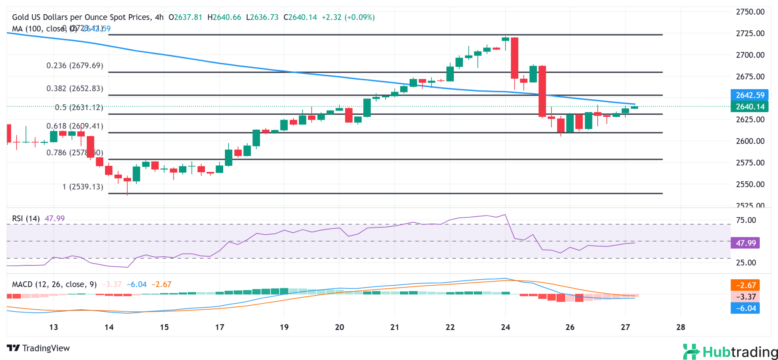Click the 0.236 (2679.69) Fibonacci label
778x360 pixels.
[x=75, y=66]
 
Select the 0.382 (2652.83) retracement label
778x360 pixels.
[x=75, y=88]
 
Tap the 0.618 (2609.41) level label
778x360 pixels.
[x=75, y=126]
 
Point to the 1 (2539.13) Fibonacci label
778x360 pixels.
[x=83, y=187]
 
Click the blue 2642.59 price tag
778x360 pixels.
[x=750, y=95]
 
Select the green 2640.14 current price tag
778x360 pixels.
[x=750, y=107]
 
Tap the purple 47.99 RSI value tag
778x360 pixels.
[x=746, y=243]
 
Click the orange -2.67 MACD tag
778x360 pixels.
[x=746, y=285]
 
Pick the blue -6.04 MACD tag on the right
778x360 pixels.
[x=746, y=309]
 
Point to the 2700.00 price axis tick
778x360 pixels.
[x=750, y=55]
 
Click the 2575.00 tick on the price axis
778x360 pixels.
[x=750, y=163]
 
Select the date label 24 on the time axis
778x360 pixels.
[x=505, y=328]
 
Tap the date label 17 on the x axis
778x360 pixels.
[x=220, y=328]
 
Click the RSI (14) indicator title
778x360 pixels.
[x=26, y=219]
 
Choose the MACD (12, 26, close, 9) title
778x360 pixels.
[x=54, y=285]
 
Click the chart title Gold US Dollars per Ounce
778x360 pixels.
[x=81, y=17]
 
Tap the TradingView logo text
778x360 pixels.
[x=38, y=348]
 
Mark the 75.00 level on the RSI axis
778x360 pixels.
[x=746, y=221]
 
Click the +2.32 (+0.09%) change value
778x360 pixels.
[x=348, y=17]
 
